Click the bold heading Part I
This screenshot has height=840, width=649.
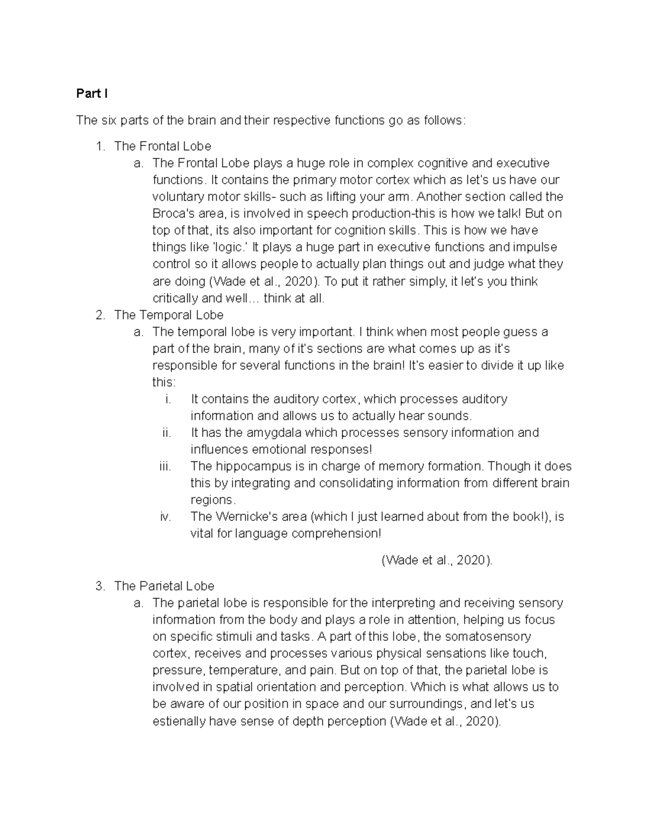pyautogui.click(x=91, y=94)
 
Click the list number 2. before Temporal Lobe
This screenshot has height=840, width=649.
pyautogui.click(x=100, y=315)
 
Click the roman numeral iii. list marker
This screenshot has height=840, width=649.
pyautogui.click(x=165, y=466)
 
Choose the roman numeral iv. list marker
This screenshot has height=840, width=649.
pyautogui.click(x=165, y=517)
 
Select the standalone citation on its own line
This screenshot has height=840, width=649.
pyautogui.click(x=437, y=560)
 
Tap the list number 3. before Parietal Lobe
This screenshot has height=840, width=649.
pyautogui.click(x=100, y=586)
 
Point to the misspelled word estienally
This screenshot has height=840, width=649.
pyautogui.click(x=179, y=721)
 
